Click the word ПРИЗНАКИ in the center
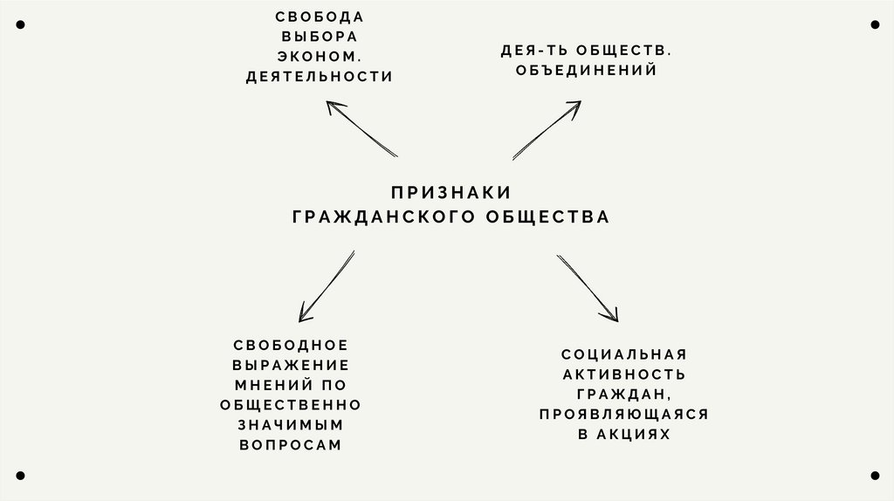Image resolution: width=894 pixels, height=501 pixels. click(450, 192)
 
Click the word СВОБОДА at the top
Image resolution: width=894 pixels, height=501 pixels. click(320, 17)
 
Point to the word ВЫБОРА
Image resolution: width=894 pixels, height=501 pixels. click(320, 37)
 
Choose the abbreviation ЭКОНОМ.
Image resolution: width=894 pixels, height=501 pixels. click(320, 57)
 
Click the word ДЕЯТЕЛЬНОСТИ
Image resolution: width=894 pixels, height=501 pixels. click(320, 77)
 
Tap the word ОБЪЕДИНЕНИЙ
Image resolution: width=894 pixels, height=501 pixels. click(586, 71)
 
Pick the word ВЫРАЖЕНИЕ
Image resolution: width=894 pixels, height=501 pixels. click(291, 365)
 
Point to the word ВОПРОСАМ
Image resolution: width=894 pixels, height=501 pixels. click(291, 444)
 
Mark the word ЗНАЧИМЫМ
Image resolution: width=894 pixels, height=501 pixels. click(291, 424)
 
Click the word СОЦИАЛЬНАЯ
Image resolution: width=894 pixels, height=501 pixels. click(624, 354)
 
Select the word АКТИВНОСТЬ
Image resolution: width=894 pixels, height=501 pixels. click(624, 374)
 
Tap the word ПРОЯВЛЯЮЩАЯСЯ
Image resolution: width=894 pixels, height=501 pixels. click(624, 414)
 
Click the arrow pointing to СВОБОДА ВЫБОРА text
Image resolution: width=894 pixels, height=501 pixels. click(361, 128)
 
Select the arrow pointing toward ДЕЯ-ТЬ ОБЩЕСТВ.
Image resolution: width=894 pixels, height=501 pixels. click(547, 130)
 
